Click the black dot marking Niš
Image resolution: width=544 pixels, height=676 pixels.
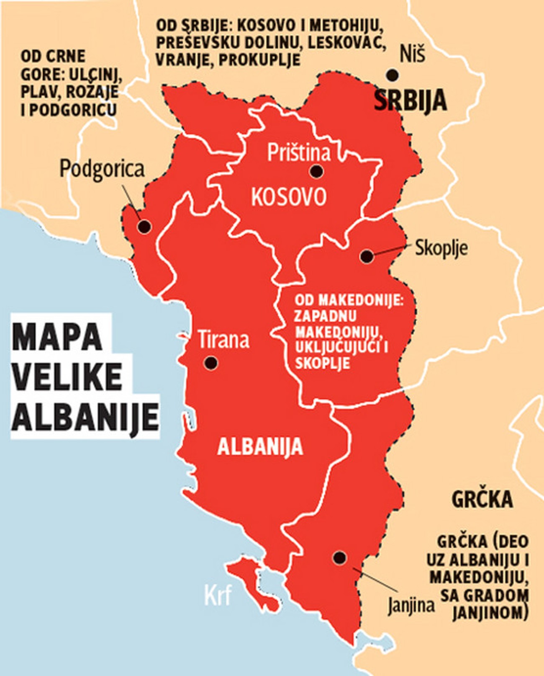point(392,75)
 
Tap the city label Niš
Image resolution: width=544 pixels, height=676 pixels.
point(412,55)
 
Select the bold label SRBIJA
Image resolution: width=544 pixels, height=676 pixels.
point(410,101)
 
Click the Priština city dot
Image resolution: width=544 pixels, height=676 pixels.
point(316,171)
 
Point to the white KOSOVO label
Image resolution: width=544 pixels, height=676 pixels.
point(288,196)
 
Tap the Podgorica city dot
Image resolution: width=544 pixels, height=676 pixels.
point(144,227)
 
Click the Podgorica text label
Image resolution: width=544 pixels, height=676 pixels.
point(102,169)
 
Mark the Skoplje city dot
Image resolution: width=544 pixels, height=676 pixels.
point(367,256)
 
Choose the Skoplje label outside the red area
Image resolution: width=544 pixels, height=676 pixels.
point(441,248)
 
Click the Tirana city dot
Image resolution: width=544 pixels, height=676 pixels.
point(211,362)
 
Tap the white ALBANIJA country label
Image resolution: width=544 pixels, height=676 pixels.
point(260,446)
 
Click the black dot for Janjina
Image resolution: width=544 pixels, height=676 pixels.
point(339,557)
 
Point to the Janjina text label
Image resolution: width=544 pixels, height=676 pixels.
point(411,605)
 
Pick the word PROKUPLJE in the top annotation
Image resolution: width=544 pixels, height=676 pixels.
point(259,59)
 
